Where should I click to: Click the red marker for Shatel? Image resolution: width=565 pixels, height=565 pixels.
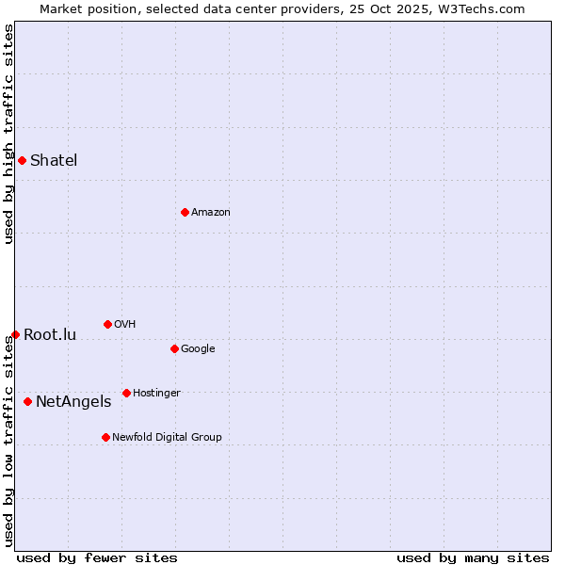coord(22,160)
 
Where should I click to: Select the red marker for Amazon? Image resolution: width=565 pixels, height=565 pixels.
coord(185,212)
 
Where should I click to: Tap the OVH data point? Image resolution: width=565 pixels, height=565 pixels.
coord(107,324)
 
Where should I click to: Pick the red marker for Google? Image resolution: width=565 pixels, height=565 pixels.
coord(174,348)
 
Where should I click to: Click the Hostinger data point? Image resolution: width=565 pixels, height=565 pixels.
coord(126,393)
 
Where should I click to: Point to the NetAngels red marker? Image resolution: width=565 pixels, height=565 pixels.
coord(27,401)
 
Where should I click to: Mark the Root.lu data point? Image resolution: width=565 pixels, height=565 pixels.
coord(15,334)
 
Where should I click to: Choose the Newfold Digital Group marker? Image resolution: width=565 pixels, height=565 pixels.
coord(105,437)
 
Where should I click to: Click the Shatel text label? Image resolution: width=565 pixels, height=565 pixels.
coord(54,160)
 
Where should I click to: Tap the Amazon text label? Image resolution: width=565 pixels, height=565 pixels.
coord(211,212)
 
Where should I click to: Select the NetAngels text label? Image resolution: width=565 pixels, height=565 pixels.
coord(73,401)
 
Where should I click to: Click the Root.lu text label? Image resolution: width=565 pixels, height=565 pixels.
coord(50,334)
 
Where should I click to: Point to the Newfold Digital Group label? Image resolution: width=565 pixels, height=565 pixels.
coord(167,437)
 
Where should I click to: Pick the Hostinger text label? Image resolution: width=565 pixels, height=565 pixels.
coord(156,393)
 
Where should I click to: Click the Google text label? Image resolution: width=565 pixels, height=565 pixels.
coord(198,348)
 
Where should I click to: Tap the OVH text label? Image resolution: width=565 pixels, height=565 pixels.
coord(124,324)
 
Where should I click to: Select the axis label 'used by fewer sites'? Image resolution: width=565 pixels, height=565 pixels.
coord(97,557)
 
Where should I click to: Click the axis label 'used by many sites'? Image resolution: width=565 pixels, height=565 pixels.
coord(473,557)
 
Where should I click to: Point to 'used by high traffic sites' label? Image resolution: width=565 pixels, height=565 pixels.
coord(8,134)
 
